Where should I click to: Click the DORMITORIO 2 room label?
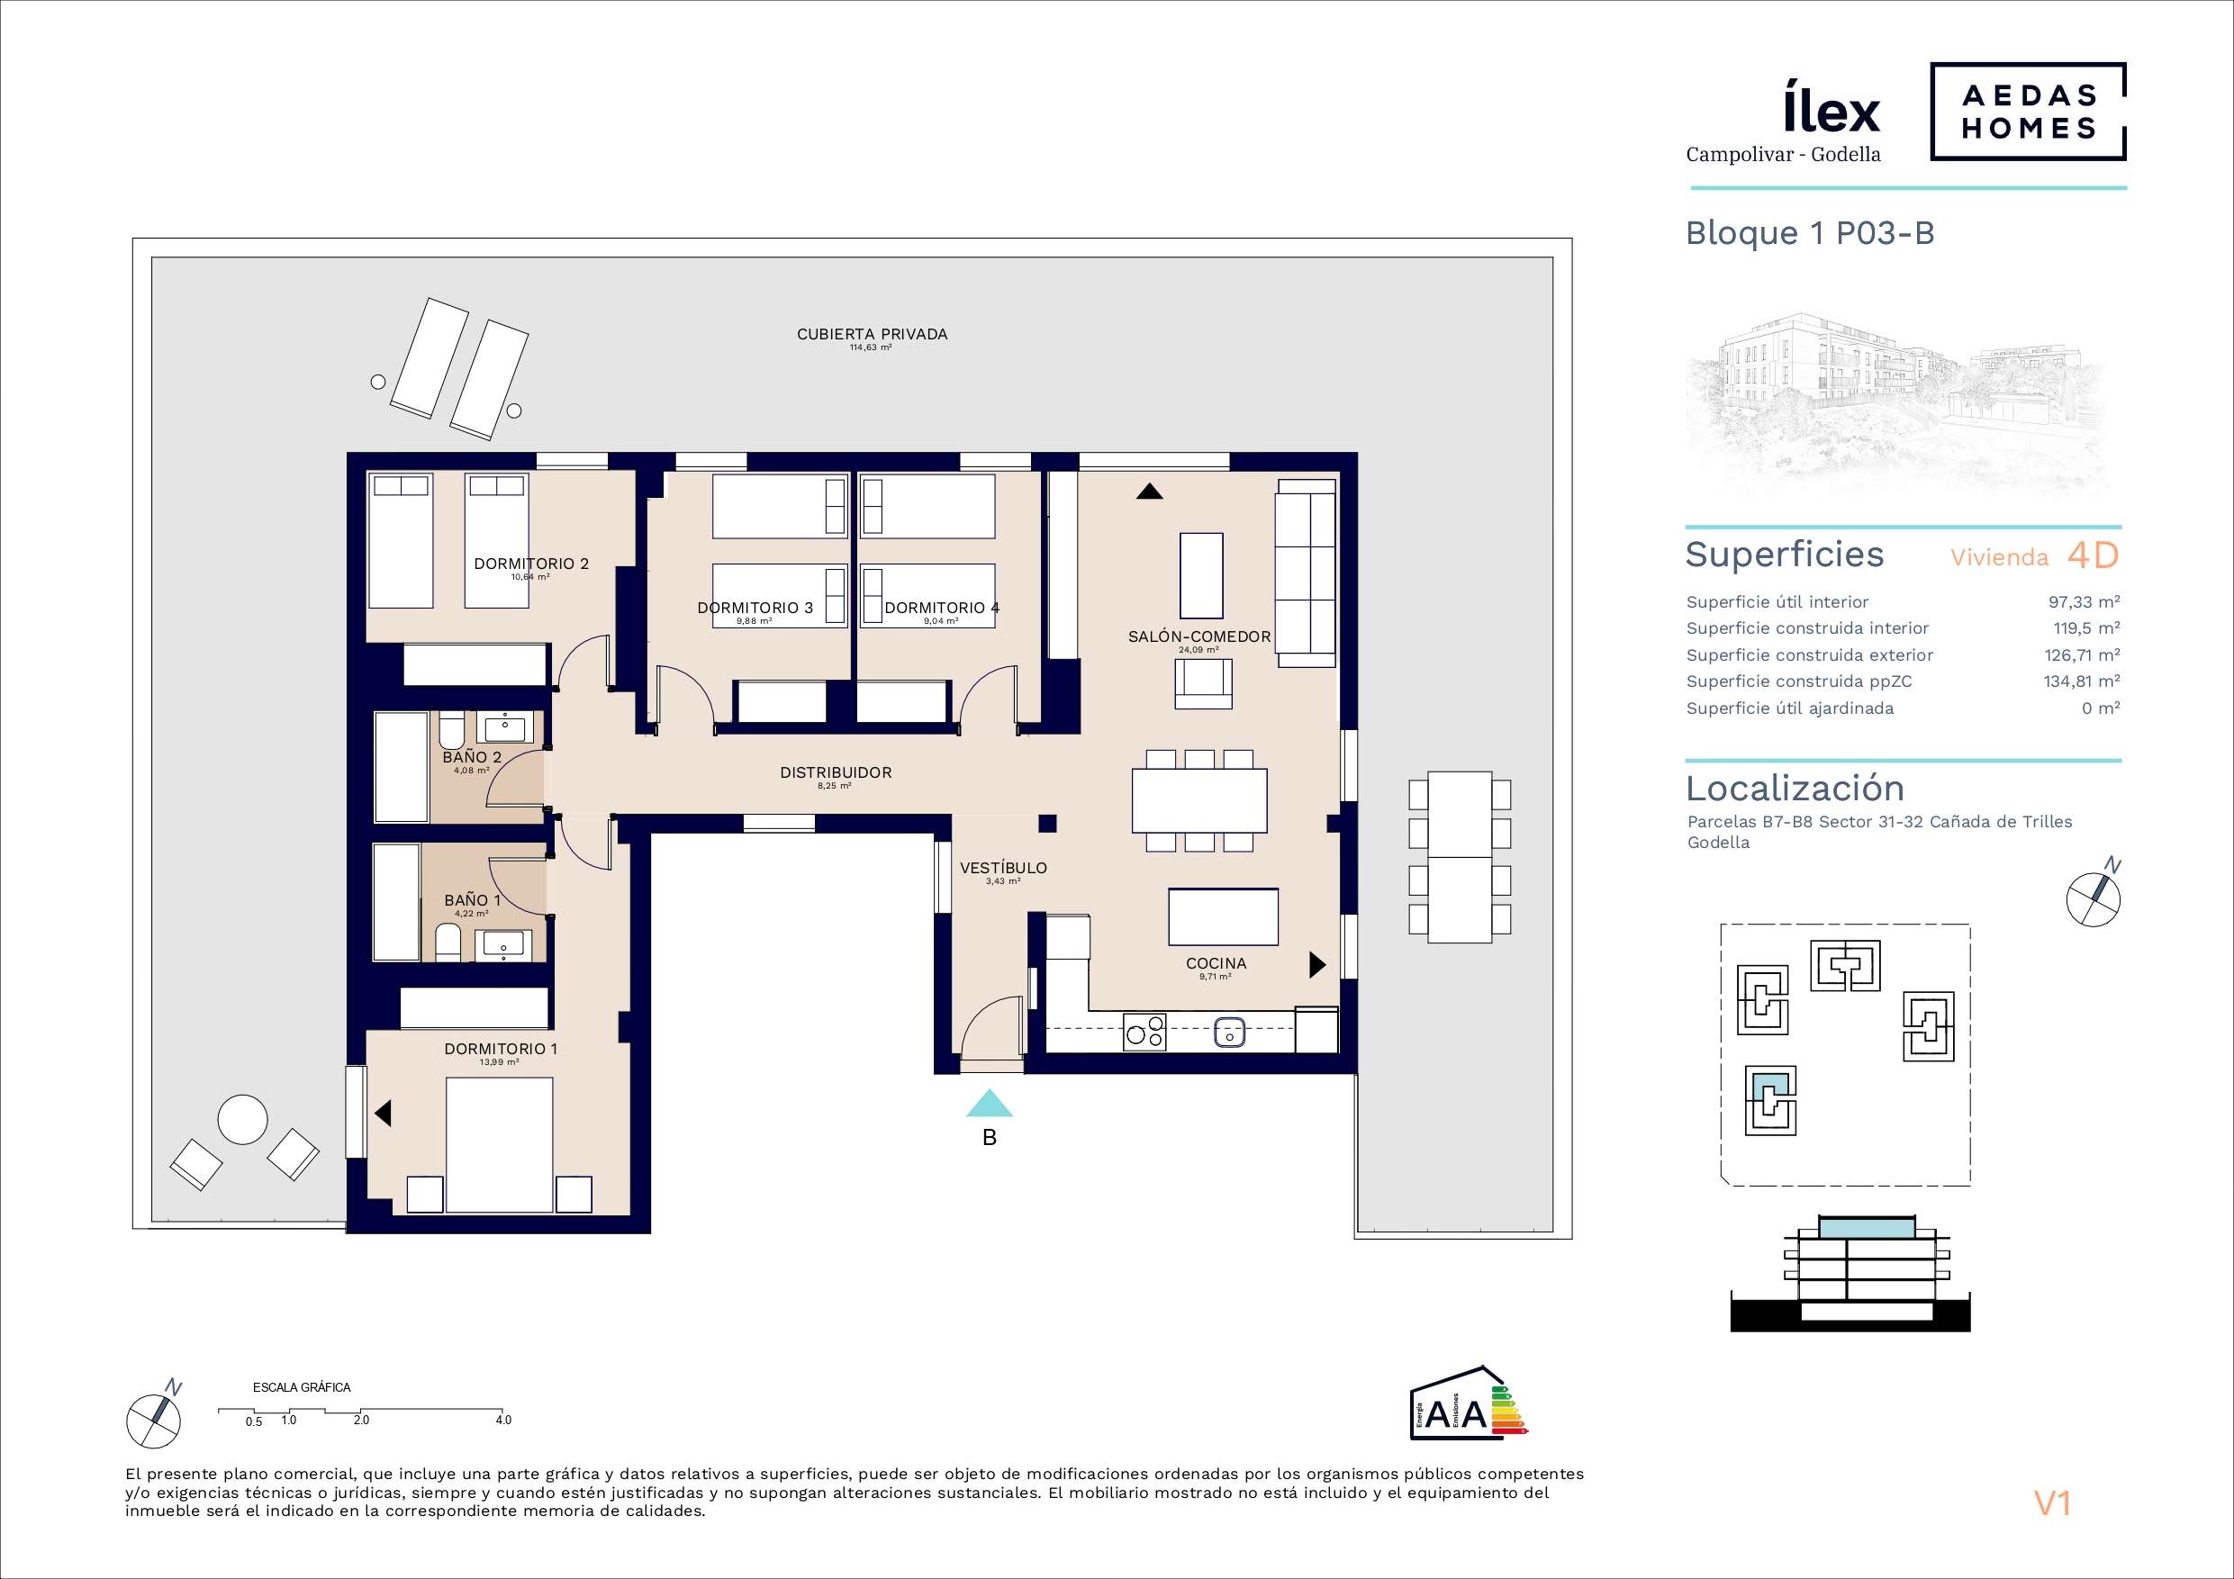(x=531, y=564)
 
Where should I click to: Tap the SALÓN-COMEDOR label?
(x=1198, y=636)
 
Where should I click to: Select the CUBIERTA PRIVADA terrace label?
(x=872, y=334)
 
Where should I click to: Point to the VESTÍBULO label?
(x=1003, y=868)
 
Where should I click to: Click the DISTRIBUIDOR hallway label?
(x=836, y=772)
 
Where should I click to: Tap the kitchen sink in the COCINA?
(x=1230, y=1032)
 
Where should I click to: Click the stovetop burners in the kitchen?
(x=1145, y=1032)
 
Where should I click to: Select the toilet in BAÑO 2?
(x=452, y=731)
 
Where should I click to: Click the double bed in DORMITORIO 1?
(x=499, y=1144)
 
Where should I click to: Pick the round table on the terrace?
(x=242, y=1120)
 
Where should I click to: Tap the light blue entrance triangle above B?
(x=990, y=1104)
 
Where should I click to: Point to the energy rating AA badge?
(x=1470, y=1403)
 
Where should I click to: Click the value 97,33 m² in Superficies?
(x=2085, y=602)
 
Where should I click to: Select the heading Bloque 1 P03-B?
(x=1810, y=233)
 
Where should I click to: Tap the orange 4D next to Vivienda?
(x=2093, y=555)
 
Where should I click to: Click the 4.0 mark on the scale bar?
(x=503, y=1421)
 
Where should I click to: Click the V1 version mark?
(x=2052, y=1504)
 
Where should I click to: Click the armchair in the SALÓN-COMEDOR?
(x=1203, y=684)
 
